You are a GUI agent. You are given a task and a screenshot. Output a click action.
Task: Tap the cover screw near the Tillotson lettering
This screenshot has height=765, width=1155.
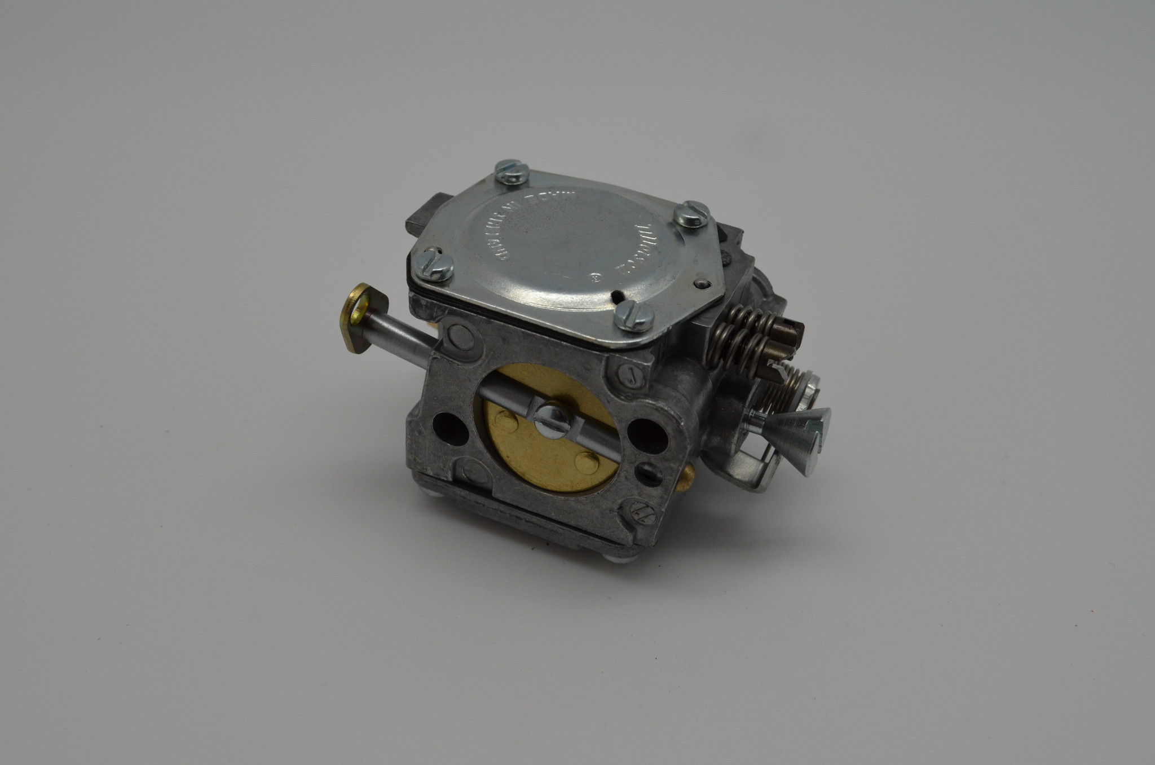(691, 214)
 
